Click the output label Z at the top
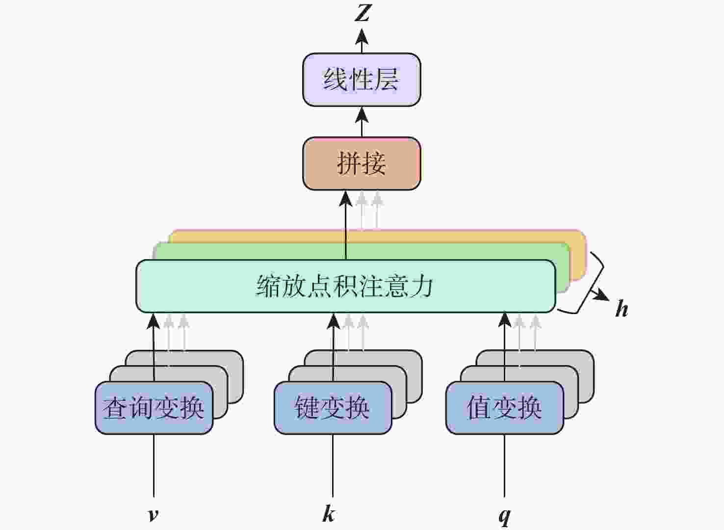click(362, 13)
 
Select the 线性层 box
click(362, 79)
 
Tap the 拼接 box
click(362, 163)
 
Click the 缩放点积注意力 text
click(345, 286)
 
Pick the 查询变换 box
click(154, 408)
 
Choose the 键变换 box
click(333, 408)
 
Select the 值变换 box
click(504, 408)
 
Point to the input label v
click(154, 514)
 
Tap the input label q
click(504, 515)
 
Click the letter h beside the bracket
click(621, 309)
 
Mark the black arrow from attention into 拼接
click(346, 226)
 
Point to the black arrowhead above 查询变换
click(154, 321)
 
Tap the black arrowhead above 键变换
click(334, 321)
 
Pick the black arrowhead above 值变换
click(505, 319)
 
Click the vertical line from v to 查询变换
click(154, 466)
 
